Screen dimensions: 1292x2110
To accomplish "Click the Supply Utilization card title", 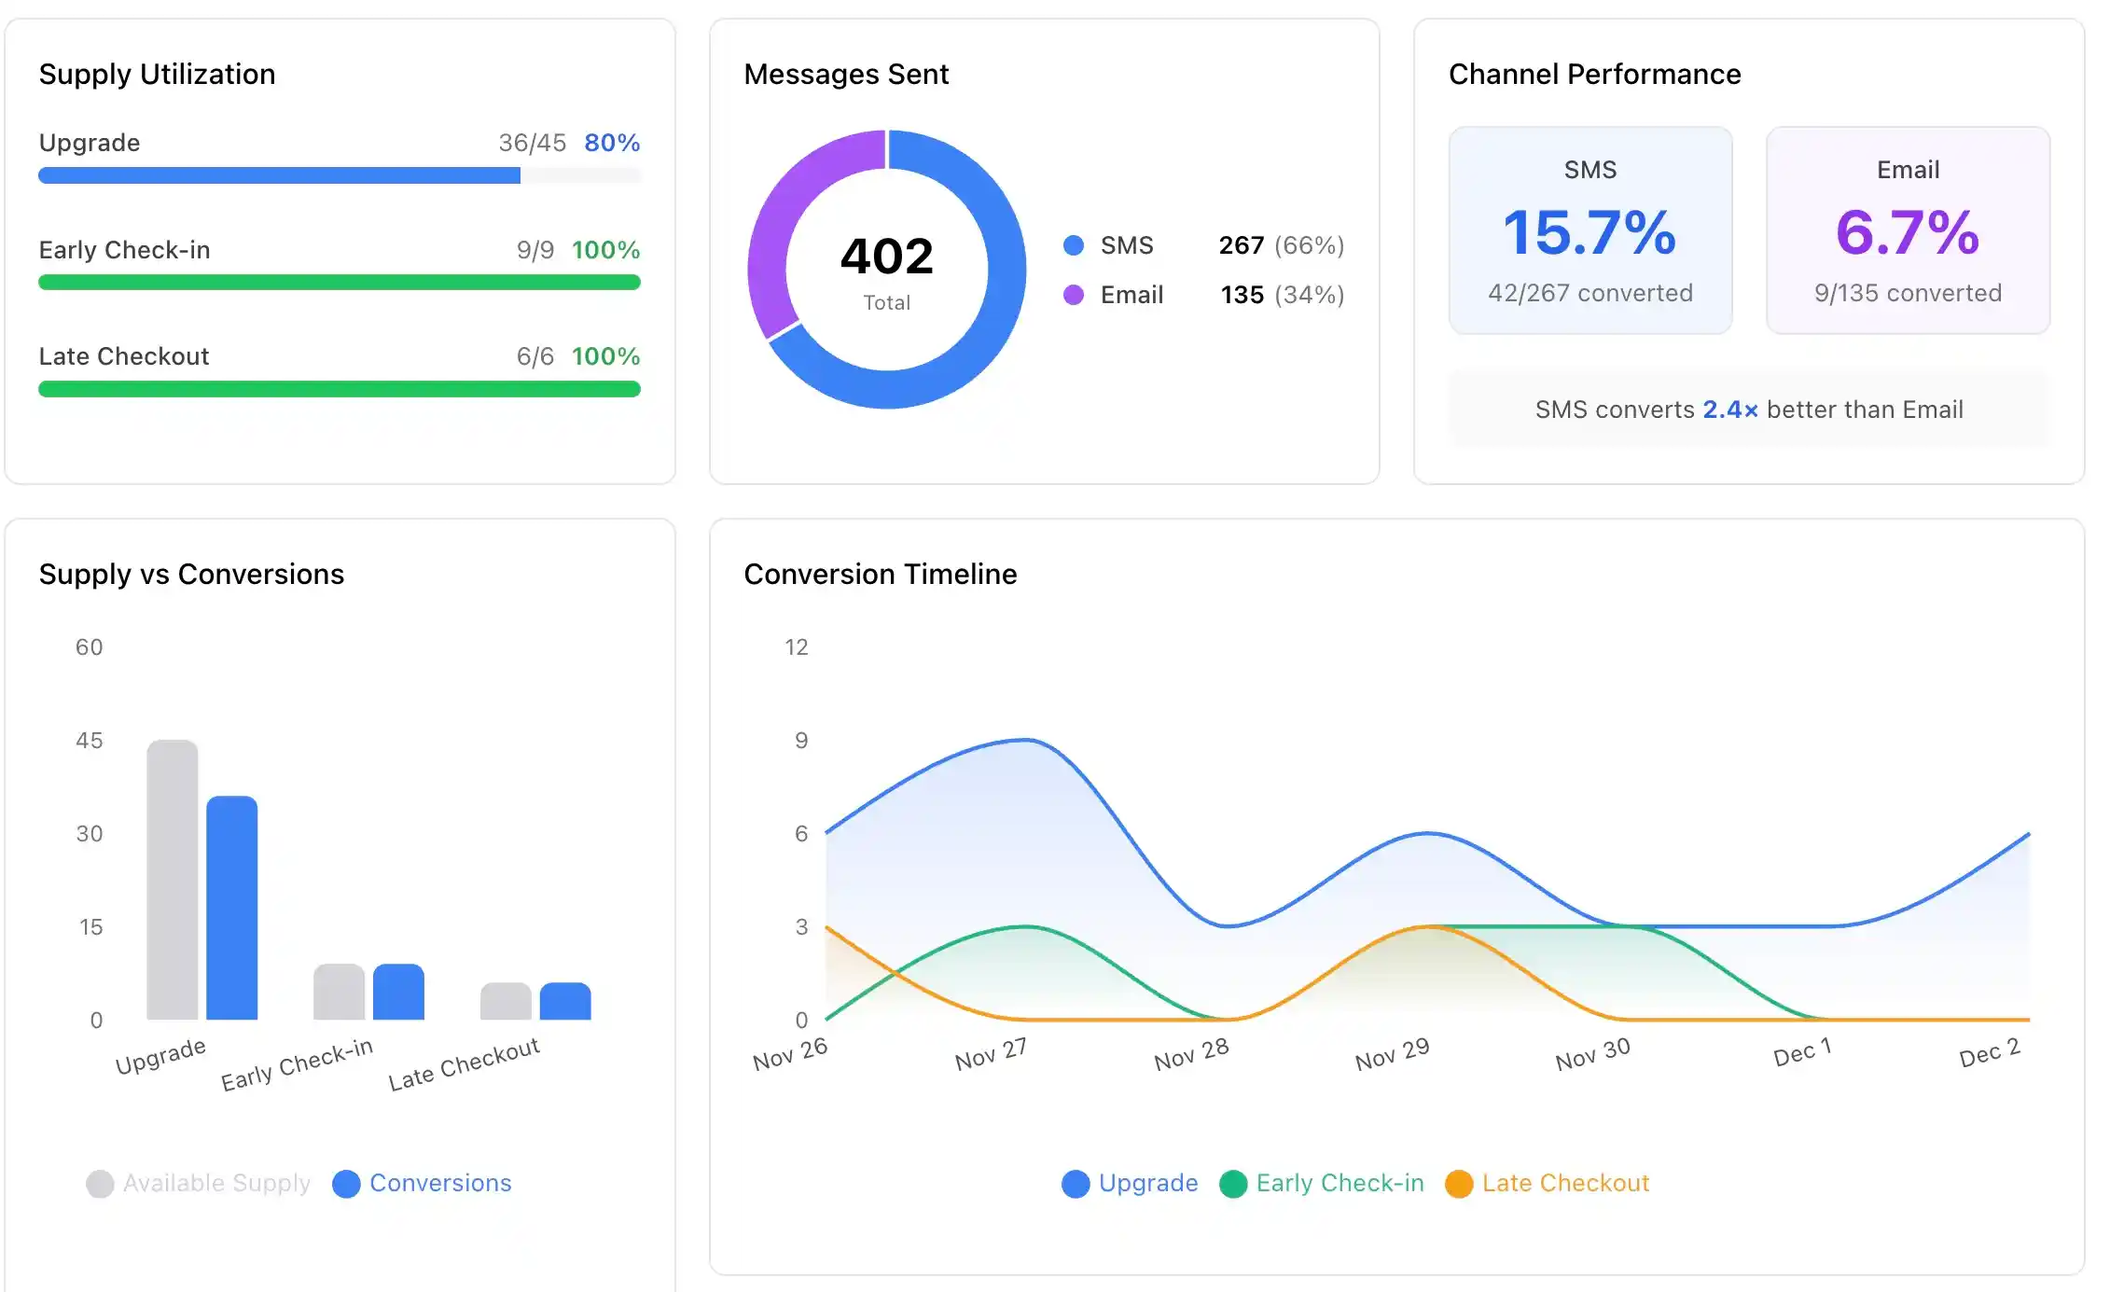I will click(157, 74).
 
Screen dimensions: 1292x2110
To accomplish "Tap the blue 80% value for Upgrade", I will click(612, 143).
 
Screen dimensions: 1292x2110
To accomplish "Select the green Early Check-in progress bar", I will click(339, 283).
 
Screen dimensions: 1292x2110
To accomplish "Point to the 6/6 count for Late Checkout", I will click(534, 356).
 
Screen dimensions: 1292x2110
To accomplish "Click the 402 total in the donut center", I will click(886, 257).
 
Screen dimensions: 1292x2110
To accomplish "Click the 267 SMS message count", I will click(1241, 245).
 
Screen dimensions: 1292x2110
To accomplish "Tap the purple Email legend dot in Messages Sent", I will click(1074, 295).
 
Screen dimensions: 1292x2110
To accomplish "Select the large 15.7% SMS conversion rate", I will click(1589, 232).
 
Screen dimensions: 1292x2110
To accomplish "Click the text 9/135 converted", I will click(1908, 293).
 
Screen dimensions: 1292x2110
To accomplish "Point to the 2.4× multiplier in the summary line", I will click(1729, 410).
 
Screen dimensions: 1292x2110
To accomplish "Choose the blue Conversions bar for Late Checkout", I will click(565, 1001).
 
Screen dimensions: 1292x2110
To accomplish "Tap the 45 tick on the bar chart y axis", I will click(90, 741).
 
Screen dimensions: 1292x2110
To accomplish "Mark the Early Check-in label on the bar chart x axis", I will click(297, 1063).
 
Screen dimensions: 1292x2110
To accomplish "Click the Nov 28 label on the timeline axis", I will click(1191, 1055).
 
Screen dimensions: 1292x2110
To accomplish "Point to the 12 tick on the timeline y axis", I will click(796, 647).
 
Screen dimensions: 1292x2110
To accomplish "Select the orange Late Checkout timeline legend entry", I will click(1548, 1183).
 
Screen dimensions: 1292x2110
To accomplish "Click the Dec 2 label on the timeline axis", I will click(1989, 1053).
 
